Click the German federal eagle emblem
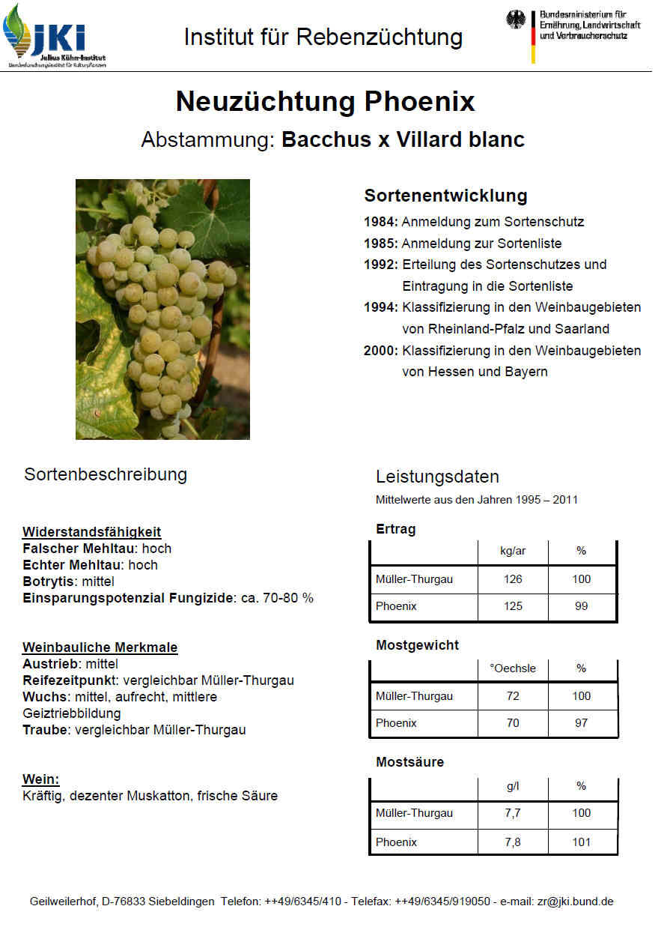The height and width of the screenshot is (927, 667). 516,20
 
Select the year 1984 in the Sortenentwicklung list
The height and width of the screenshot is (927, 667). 381,222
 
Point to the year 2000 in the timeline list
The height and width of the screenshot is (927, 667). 381,351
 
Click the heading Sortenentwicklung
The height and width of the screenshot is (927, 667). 445,196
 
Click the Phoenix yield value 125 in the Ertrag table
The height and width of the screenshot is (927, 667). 513,606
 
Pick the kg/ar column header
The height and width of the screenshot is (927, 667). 513,551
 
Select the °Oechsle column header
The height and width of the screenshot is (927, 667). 513,668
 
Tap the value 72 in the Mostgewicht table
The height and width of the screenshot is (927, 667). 513,696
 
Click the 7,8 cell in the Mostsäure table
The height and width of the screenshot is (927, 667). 513,842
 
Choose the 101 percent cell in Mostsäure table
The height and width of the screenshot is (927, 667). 582,842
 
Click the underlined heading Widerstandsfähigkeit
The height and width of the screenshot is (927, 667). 91,532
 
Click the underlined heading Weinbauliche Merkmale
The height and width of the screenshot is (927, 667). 100,647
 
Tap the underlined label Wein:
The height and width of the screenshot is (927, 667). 40,779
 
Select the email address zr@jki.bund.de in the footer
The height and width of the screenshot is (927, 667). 575,902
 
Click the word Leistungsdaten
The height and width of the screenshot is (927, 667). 437,477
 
